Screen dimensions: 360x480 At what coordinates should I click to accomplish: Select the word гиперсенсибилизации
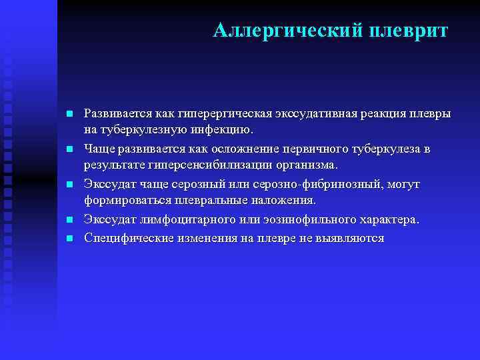point(207,164)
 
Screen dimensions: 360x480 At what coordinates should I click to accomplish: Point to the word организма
point(305,164)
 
